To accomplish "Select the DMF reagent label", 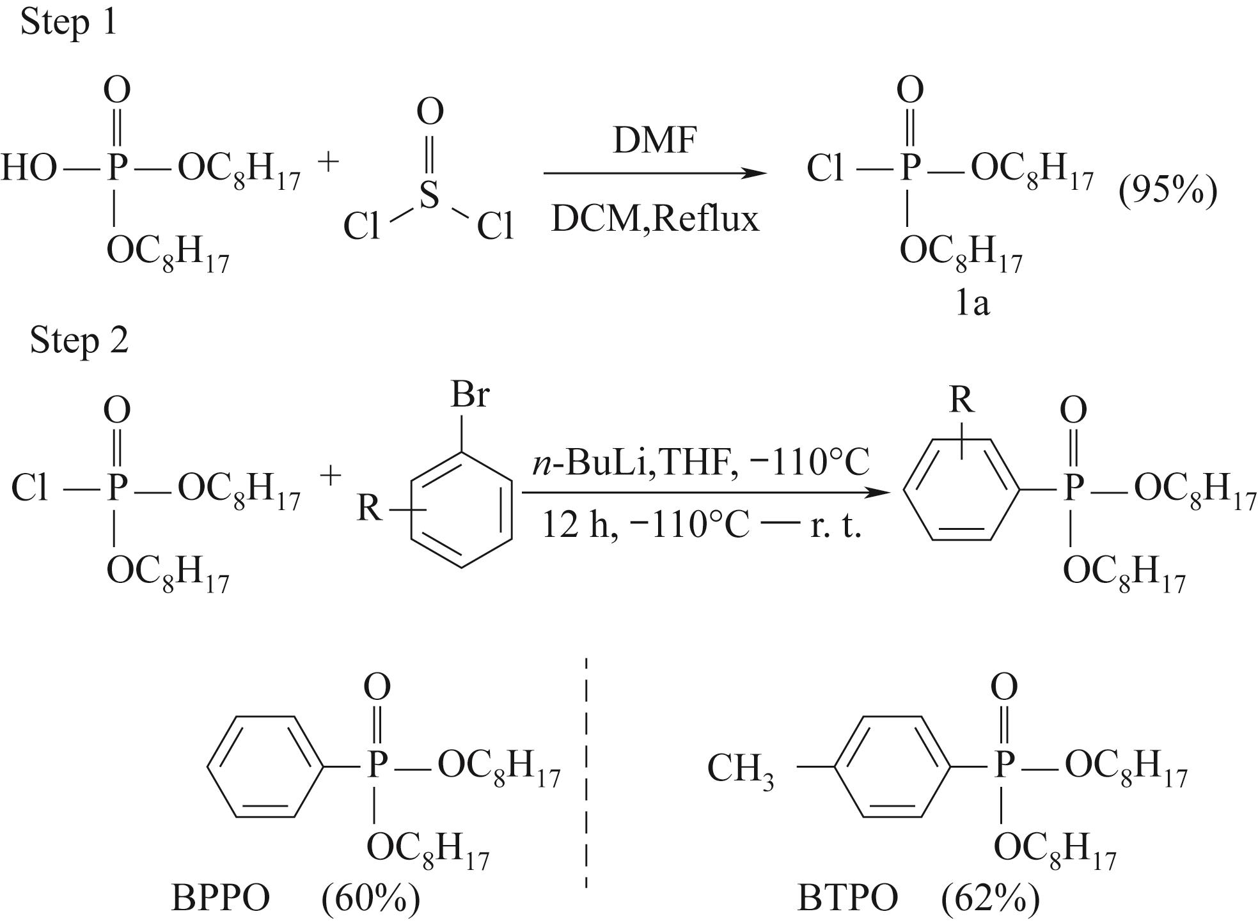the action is (654, 141).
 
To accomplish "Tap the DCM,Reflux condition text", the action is (655, 219).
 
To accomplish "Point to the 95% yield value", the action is (1168, 190).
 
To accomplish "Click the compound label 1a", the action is (972, 303).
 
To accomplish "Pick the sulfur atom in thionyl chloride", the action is (429, 194).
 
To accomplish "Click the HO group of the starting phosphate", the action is (29, 169).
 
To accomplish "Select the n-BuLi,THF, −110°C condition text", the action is (702, 462).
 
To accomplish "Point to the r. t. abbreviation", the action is (836, 527).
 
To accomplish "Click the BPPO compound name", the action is (221, 898).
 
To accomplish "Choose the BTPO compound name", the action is (847, 898).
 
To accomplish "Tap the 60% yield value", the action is (371, 899).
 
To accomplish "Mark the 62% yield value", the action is (991, 899).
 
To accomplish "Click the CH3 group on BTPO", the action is (741, 770).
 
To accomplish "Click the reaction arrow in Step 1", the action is (655, 173).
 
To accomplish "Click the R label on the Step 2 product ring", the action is (962, 400).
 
